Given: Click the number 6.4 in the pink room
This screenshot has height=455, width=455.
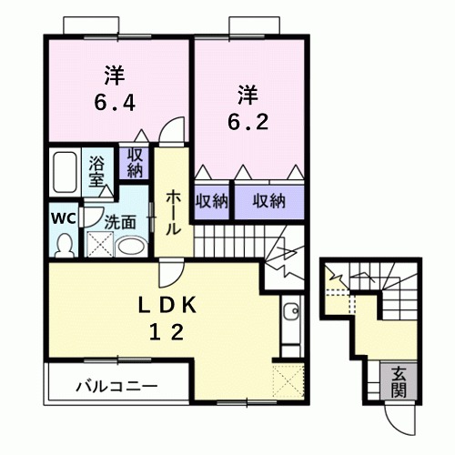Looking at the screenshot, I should [x=115, y=103].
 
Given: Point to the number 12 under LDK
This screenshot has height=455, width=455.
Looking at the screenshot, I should [x=166, y=332].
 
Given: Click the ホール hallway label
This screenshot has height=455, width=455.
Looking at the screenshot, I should [x=171, y=211].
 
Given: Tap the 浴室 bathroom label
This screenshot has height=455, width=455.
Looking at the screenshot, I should [x=97, y=170].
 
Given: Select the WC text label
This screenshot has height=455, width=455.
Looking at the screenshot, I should [x=62, y=218].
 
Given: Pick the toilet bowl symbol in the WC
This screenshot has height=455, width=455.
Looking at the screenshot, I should [x=64, y=242].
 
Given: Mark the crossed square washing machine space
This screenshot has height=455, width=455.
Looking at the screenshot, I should [x=98, y=244].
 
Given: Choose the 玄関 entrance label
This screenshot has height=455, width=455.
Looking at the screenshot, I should [x=399, y=380].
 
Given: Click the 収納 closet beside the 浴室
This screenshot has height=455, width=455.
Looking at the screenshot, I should [x=136, y=164].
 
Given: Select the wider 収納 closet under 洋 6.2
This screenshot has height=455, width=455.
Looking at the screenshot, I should [x=268, y=199].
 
